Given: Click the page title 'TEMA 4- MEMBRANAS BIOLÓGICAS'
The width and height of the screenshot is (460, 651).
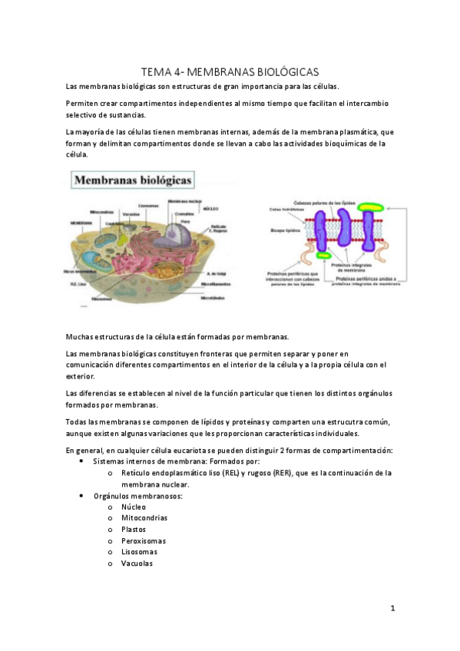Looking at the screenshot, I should pyautogui.click(x=230, y=71).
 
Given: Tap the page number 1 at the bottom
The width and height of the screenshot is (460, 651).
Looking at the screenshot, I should pyautogui.click(x=392, y=609).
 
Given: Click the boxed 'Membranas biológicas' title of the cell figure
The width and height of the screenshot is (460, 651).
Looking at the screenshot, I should pyautogui.click(x=134, y=181).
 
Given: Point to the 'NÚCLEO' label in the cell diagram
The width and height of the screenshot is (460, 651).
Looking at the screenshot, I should pyautogui.click(x=212, y=208).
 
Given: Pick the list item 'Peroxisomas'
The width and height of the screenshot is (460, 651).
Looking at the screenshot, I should pyautogui.click(x=143, y=540).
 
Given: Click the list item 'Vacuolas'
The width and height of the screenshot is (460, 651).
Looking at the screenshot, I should pyautogui.click(x=137, y=563).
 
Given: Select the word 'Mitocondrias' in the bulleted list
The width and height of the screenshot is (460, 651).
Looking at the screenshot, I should pyautogui.click(x=144, y=517).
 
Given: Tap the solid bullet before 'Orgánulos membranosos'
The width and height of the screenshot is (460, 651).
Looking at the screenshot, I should pyautogui.click(x=82, y=496).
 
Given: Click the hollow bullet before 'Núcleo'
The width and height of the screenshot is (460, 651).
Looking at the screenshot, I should pyautogui.click(x=112, y=507).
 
